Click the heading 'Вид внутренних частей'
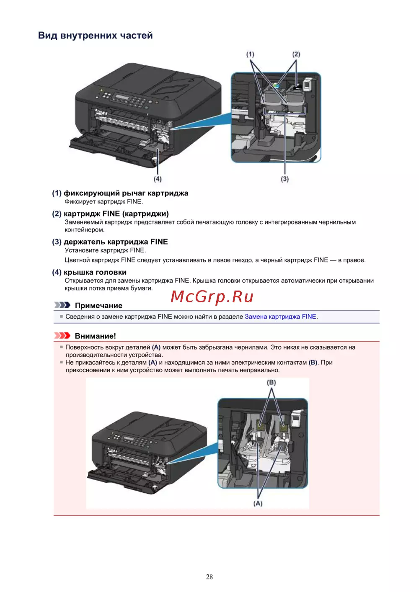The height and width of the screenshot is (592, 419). [x=95, y=36]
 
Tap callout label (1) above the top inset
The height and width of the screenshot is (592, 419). [x=250, y=54]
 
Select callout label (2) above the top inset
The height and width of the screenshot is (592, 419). [x=296, y=54]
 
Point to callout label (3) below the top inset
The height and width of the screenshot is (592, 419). [x=285, y=179]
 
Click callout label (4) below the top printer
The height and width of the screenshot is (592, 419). [x=158, y=179]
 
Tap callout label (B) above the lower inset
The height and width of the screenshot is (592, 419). [x=271, y=382]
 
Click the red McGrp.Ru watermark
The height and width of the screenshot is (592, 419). [x=212, y=296]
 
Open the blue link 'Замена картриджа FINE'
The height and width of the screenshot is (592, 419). [x=280, y=317]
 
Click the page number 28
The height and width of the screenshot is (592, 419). [x=209, y=577]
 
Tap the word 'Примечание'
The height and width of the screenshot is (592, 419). [x=98, y=306]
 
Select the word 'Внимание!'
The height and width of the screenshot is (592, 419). [x=95, y=336]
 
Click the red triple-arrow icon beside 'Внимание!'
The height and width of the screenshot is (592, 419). [x=62, y=336]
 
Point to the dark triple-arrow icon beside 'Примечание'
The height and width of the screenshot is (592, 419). [x=62, y=305]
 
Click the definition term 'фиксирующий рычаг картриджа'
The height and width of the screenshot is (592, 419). [x=126, y=193]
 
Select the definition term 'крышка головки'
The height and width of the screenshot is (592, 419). [x=95, y=272]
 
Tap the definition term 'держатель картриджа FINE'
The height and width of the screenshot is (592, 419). [x=116, y=242]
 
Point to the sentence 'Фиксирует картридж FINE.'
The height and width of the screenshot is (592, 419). [x=103, y=202]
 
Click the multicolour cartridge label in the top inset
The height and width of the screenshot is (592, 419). [x=277, y=85]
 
